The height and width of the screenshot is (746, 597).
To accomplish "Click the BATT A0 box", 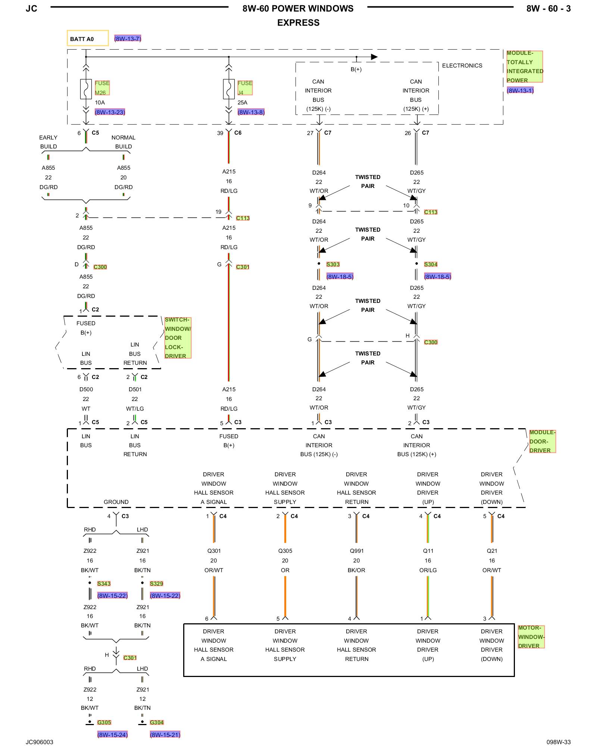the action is [x=88, y=38].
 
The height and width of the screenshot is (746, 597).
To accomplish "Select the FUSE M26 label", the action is [x=102, y=88].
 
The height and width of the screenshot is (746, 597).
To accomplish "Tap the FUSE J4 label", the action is [x=245, y=88].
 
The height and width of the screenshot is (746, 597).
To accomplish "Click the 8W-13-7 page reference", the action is [x=128, y=39].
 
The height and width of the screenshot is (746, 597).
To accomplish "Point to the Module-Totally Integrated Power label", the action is [x=524, y=66].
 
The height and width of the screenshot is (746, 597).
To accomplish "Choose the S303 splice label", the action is [x=333, y=264].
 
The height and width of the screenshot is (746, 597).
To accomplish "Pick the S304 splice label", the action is [x=431, y=264].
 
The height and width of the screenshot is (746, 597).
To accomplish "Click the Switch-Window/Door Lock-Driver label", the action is [x=178, y=338].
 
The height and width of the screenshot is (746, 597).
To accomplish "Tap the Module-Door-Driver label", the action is [x=543, y=441].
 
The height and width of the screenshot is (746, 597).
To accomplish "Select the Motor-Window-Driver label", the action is [x=531, y=637].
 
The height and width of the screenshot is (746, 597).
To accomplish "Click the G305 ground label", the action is [x=104, y=723].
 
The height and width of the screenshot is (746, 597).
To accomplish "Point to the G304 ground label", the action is [x=157, y=723].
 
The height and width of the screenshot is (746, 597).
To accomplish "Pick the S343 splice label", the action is [x=104, y=584].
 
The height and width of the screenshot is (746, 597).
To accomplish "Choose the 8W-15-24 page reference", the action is [x=112, y=735].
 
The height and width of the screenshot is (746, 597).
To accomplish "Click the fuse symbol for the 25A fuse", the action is [x=229, y=89].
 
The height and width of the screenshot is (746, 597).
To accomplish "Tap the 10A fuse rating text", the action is [x=100, y=103].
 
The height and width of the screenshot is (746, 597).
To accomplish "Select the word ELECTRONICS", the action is [x=462, y=66].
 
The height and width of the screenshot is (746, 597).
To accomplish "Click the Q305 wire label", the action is [x=285, y=551].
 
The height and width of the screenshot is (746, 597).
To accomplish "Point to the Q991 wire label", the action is [x=357, y=551].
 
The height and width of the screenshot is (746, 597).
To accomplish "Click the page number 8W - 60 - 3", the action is [x=548, y=9].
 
